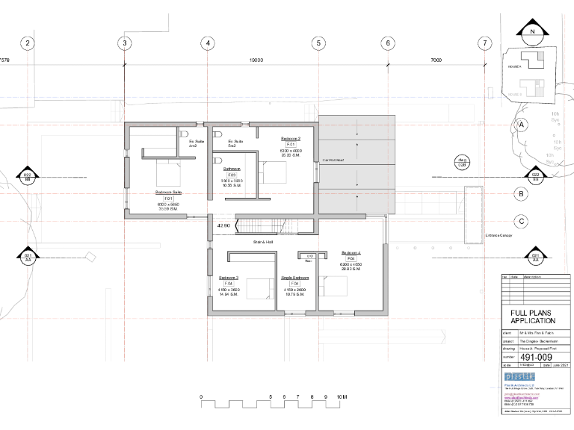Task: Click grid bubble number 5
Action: [x=318, y=43]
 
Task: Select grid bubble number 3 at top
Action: [x=124, y=43]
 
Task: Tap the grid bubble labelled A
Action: [x=522, y=125]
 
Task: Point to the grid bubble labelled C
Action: [x=522, y=221]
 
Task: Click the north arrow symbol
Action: [x=532, y=31]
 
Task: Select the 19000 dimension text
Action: [x=256, y=61]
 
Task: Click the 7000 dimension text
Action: [x=436, y=61]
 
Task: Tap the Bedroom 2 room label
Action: [x=290, y=139]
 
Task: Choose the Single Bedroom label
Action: [x=294, y=278]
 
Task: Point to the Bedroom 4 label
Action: [x=351, y=253]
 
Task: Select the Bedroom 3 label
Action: [x=228, y=278]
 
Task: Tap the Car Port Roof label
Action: [x=333, y=160]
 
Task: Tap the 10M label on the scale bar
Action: [x=341, y=397]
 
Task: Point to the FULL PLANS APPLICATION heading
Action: [x=532, y=317]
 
